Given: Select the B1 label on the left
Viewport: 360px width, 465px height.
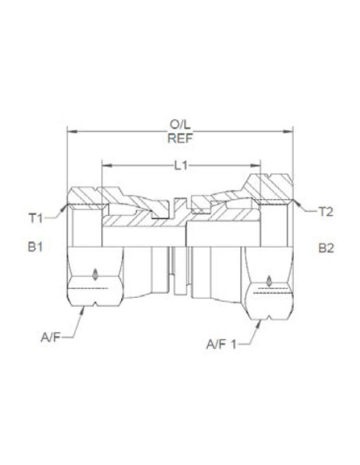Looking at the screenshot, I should tap(34, 248).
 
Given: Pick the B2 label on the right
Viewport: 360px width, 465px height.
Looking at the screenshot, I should tap(327, 248).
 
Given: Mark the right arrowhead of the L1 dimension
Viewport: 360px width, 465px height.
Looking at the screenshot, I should tap(259, 165).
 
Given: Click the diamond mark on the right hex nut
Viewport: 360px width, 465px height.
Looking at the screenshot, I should tap(268, 280).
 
